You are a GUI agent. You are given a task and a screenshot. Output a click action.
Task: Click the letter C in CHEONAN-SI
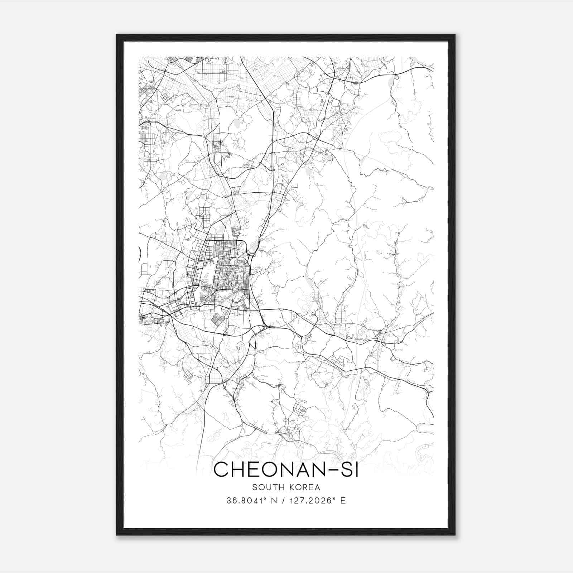pos(222,470)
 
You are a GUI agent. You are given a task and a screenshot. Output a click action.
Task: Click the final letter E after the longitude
pos(343,501)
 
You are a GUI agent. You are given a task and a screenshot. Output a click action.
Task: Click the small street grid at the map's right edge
pos(428,367)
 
